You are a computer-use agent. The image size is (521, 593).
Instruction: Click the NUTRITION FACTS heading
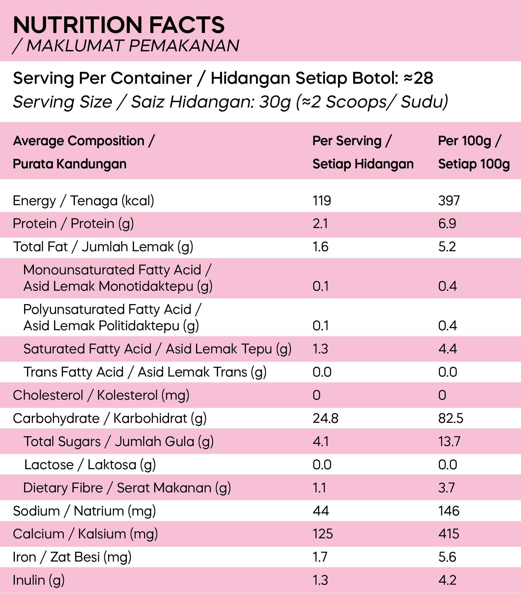119,25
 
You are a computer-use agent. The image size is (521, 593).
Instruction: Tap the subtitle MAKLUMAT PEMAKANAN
132,46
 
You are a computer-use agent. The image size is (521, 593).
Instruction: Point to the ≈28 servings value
418,78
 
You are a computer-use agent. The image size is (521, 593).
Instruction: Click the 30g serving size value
275,102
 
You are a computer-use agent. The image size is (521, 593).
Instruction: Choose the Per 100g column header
473,152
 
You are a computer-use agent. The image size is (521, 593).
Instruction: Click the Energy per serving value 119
322,201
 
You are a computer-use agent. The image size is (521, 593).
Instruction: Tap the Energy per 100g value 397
449,201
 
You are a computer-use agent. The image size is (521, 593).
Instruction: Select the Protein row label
73,224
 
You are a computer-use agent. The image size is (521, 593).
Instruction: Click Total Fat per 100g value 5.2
447,247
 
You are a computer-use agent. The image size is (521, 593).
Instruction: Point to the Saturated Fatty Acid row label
157,349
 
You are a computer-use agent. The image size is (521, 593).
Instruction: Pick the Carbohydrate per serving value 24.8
325,418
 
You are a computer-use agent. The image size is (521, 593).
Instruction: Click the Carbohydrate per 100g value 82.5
451,418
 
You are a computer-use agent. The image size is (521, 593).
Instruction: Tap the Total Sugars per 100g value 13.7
449,442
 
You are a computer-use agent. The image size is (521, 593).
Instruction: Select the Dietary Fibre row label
127,488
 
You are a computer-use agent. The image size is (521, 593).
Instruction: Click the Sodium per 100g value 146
449,511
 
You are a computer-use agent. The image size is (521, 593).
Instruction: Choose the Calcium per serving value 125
323,534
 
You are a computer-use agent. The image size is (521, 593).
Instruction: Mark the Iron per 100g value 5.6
447,557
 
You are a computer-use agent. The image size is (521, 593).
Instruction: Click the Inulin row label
39,580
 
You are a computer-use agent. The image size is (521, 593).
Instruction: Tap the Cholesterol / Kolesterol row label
101,395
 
